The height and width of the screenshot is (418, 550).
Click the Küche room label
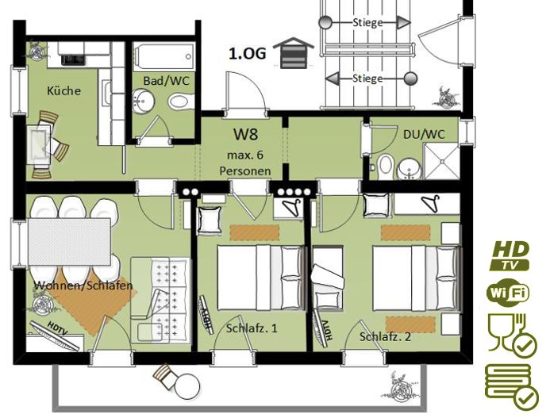[x=63, y=91]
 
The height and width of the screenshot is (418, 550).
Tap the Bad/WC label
[x=166, y=81]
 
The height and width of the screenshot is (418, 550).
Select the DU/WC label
[x=424, y=134]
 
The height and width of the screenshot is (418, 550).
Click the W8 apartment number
[x=246, y=134]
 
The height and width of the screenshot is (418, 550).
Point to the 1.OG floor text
[x=248, y=54]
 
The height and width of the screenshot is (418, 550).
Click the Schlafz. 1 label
[x=252, y=328]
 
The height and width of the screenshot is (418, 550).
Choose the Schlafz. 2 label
[x=385, y=337]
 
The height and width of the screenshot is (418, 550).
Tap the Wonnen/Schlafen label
[x=83, y=286]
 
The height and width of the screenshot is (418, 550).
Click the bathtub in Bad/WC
[x=164, y=57]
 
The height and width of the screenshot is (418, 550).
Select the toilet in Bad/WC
[x=181, y=102]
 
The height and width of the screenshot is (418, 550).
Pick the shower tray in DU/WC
[x=441, y=161]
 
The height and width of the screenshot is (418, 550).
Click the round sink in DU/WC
[x=408, y=169]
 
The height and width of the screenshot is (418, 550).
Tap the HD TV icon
[x=510, y=255]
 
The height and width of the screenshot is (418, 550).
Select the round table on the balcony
[x=187, y=386]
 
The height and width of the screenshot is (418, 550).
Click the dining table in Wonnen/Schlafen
[x=70, y=242]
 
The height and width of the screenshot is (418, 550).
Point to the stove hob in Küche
[x=73, y=59]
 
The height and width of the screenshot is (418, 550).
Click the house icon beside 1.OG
[x=294, y=52]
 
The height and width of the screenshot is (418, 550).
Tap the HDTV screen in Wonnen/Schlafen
[x=55, y=335]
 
